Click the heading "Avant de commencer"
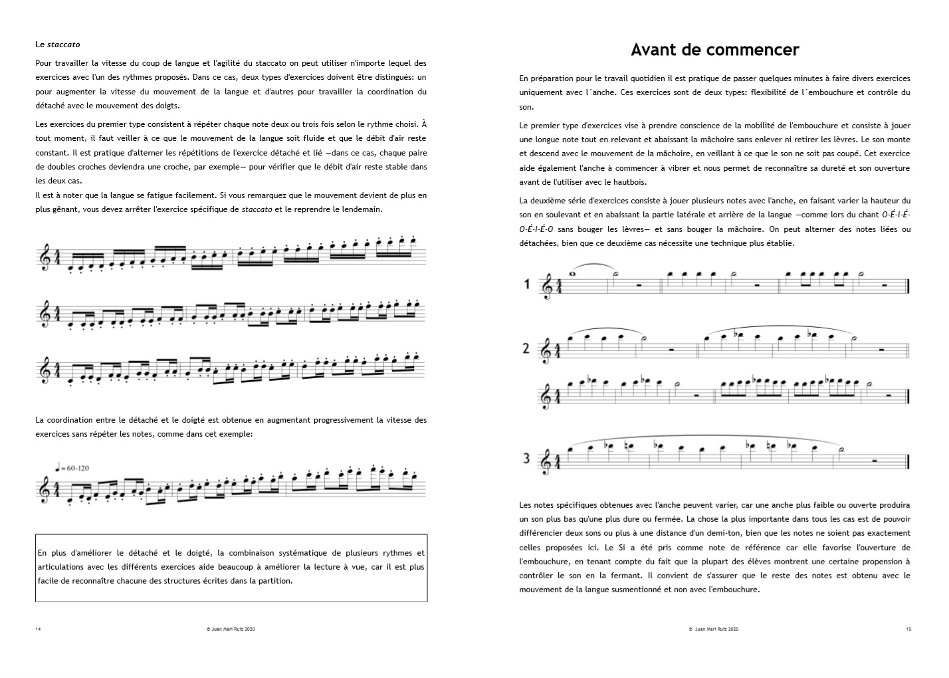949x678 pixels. [x=714, y=50]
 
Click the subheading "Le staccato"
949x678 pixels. [x=58, y=45]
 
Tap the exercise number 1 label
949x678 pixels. [x=527, y=284]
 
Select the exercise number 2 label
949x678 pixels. [x=526, y=348]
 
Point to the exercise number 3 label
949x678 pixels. [x=526, y=458]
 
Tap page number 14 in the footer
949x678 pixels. [x=38, y=628]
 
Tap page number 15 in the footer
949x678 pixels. [x=908, y=628]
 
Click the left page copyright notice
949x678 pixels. [x=231, y=628]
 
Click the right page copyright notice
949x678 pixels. [x=714, y=628]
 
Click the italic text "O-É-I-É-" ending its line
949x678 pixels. [x=896, y=215]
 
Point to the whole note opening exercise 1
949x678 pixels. [x=573, y=273]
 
